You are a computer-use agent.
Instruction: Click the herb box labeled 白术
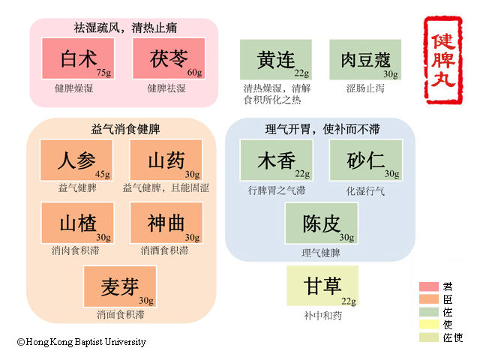click(78, 58)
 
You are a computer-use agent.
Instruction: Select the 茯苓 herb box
click(168, 58)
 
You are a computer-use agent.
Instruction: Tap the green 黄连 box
click(276, 59)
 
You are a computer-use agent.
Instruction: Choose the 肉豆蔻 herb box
click(365, 59)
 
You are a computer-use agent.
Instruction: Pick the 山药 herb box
click(166, 160)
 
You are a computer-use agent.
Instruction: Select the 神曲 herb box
click(166, 223)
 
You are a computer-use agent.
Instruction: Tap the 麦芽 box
click(120, 286)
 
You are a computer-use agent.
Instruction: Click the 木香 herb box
click(275, 160)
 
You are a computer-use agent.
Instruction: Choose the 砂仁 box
click(365, 160)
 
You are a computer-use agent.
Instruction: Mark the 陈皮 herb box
click(321, 223)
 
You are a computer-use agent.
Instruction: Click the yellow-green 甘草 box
click(322, 286)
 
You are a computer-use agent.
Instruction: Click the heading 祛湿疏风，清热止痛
click(124, 28)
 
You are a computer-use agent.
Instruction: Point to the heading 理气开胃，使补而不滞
click(321, 127)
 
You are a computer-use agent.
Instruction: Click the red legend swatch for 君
click(429, 286)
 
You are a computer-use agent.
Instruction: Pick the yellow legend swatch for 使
click(429, 325)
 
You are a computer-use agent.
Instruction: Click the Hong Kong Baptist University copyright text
click(82, 342)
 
